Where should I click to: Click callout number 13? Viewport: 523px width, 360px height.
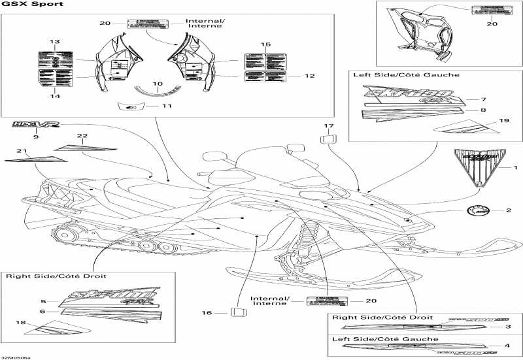click(55, 42)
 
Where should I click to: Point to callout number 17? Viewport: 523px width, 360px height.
click(328, 125)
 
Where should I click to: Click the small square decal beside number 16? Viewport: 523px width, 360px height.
click(239, 312)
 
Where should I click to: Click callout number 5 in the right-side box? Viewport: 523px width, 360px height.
click(43, 301)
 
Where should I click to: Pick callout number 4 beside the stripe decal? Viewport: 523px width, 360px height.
click(507, 346)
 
